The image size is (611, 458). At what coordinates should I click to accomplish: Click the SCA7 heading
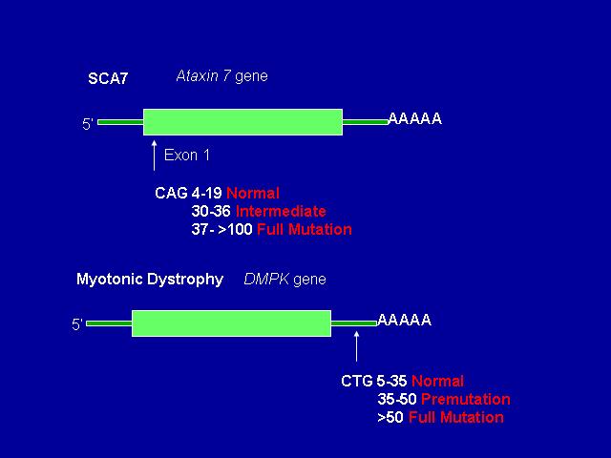pos(108,78)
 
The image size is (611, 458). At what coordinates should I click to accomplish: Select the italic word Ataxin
pos(198,75)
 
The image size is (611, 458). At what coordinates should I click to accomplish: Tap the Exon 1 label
pos(187,155)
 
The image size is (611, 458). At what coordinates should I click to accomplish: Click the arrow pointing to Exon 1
pos(155,156)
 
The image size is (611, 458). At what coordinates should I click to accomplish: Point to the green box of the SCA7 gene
pos(242,122)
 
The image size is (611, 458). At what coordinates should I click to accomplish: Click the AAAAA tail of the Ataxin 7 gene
pos(415,118)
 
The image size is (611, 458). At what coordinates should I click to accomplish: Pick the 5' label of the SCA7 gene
pos(87,124)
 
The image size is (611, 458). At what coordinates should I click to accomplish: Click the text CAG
pos(171,193)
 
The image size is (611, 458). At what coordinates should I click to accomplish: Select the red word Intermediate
pos(281,211)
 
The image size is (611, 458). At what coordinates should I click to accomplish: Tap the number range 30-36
pos(211,211)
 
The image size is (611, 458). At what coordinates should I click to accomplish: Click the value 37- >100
pos(222,229)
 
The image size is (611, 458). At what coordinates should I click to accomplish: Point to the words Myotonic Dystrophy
pos(150,279)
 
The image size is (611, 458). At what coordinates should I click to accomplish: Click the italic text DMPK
pos(266,279)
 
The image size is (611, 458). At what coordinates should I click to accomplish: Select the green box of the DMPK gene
pos(231,323)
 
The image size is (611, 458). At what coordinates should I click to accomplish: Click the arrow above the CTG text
pos(356,346)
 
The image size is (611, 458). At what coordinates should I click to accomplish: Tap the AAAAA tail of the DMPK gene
pos(405,320)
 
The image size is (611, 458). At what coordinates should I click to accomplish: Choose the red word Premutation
pos(466,399)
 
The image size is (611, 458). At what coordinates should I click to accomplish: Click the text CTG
pos(357,381)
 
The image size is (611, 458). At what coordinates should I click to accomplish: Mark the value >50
pos(390,418)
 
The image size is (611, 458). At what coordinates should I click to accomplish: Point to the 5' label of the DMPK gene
pos(76,324)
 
